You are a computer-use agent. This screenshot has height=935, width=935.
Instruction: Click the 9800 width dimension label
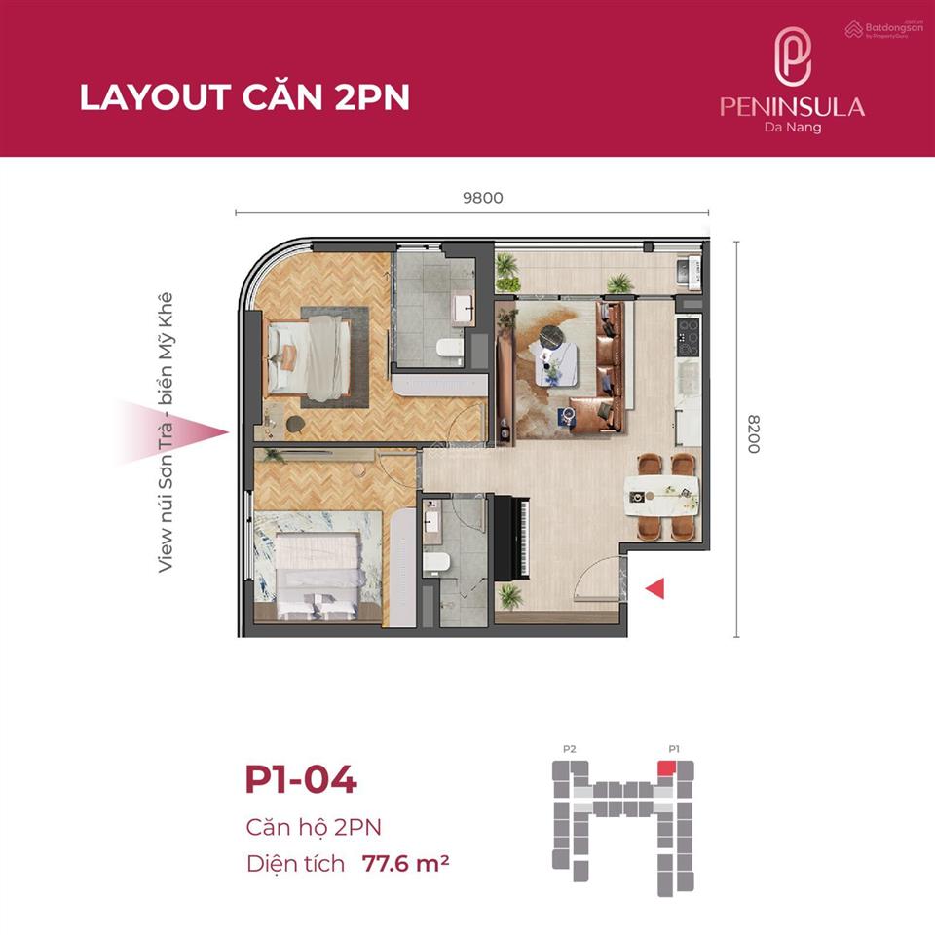(x=483, y=198)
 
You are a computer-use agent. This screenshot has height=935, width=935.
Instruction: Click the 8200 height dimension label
(x=754, y=434)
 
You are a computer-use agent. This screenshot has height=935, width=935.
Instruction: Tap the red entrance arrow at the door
(x=654, y=588)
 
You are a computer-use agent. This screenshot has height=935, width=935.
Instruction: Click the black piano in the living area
(x=512, y=537)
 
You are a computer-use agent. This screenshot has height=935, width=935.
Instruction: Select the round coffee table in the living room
(x=554, y=336)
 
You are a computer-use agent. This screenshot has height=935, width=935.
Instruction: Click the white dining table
(x=661, y=496)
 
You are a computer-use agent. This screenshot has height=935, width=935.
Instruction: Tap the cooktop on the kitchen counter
(x=689, y=338)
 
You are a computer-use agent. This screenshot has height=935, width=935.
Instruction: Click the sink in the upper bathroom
(x=464, y=309)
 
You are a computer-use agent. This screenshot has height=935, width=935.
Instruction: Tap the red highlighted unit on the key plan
(x=666, y=768)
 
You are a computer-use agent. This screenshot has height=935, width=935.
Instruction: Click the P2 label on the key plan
(x=570, y=749)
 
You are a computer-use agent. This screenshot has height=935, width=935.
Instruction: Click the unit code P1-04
(x=301, y=779)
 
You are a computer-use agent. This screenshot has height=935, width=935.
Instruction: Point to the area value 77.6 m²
(x=405, y=863)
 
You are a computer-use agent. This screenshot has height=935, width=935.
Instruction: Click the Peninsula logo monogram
(x=793, y=57)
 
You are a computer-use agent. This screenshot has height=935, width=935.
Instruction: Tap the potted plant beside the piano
(x=509, y=596)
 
